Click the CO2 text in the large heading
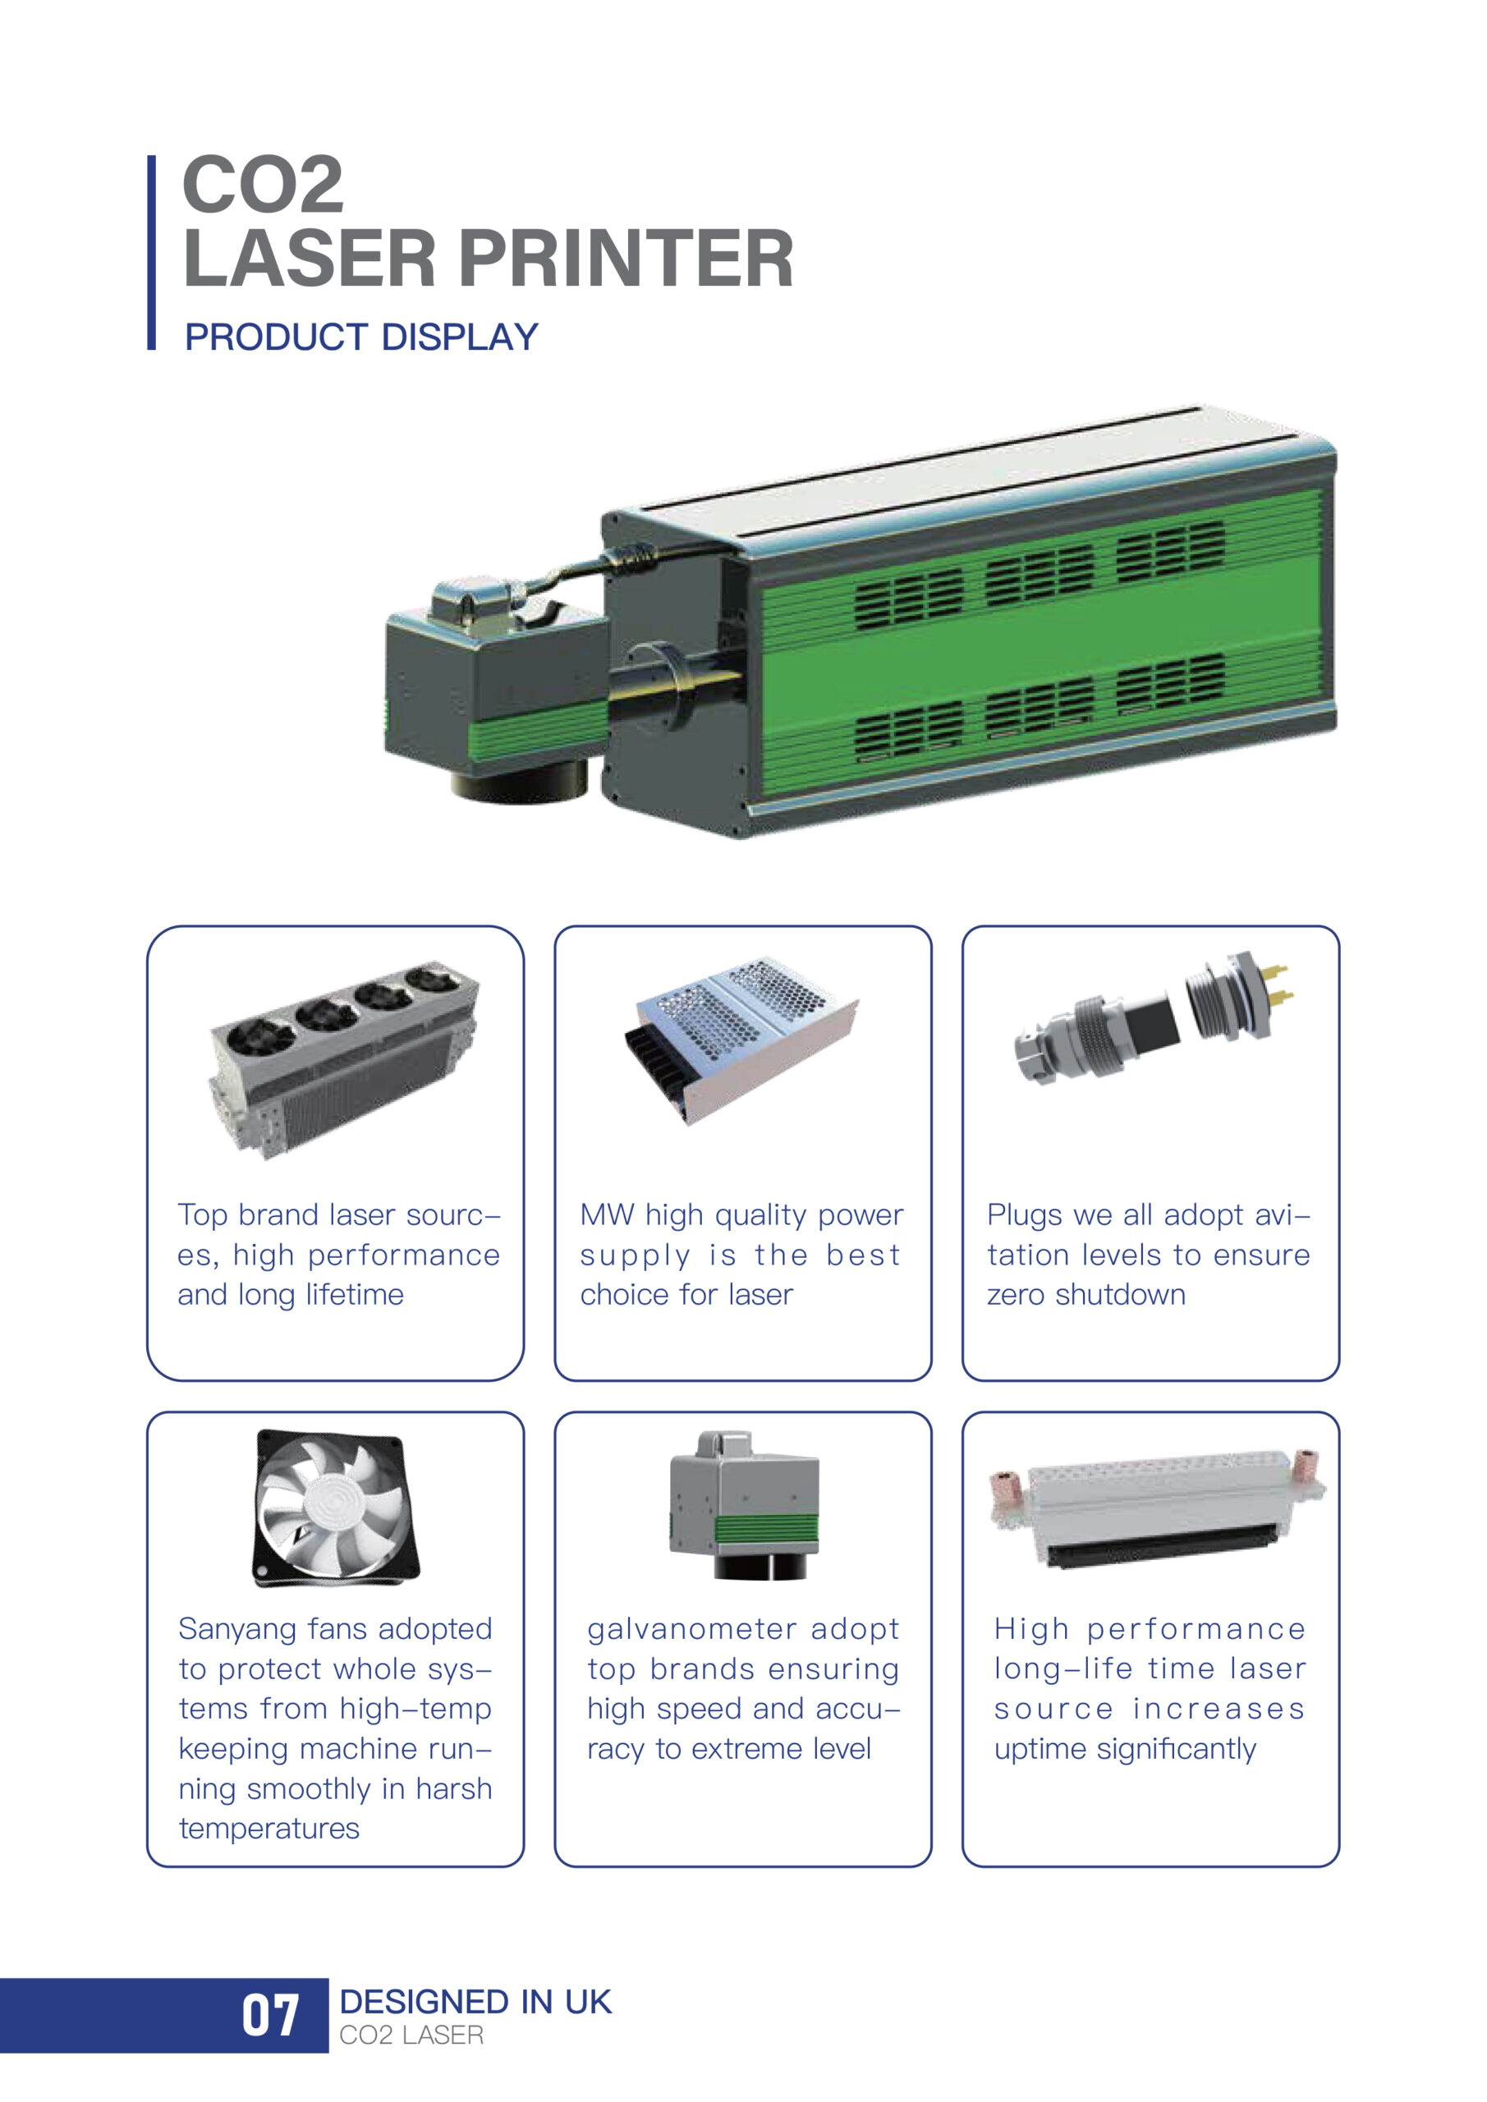click(x=264, y=185)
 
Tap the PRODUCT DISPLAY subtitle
click(x=361, y=337)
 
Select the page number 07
click(x=270, y=2015)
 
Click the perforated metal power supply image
click(x=741, y=1037)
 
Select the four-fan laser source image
click(x=344, y=1059)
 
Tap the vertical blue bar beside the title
click(x=151, y=253)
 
